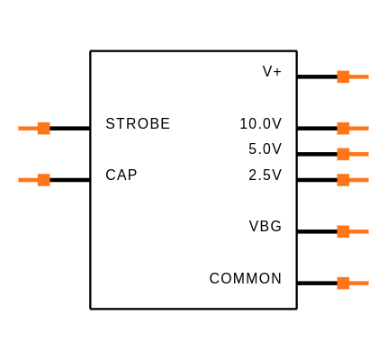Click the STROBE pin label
(138, 123)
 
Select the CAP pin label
(121, 175)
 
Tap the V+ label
(272, 71)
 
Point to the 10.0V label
(261, 123)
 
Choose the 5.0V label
(265, 148)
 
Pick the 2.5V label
(265, 175)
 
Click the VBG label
(265, 226)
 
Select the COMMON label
(246, 278)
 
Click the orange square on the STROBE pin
(44, 129)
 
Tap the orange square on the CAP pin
(44, 180)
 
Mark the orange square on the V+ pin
(343, 76)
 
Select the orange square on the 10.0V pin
(343, 129)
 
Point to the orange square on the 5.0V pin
(343, 154)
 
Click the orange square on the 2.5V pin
(343, 180)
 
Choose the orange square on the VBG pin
(343, 231)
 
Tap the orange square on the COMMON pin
(343, 283)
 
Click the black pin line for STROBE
(70, 129)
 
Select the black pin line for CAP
(70, 180)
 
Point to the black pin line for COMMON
(317, 283)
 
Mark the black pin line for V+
(317, 76)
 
